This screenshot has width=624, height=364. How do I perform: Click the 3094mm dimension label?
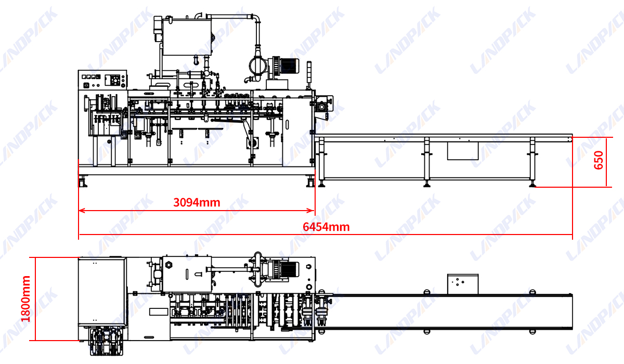(197, 202)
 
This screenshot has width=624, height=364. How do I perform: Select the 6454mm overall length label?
(326, 227)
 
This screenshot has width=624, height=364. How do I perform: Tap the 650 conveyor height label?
(599, 161)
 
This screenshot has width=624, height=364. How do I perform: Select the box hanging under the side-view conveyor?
(462, 150)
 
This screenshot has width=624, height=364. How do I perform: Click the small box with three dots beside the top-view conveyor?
(462, 282)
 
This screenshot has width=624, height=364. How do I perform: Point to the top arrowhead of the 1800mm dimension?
(35, 259)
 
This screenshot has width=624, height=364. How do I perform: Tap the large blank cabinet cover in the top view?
(102, 291)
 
